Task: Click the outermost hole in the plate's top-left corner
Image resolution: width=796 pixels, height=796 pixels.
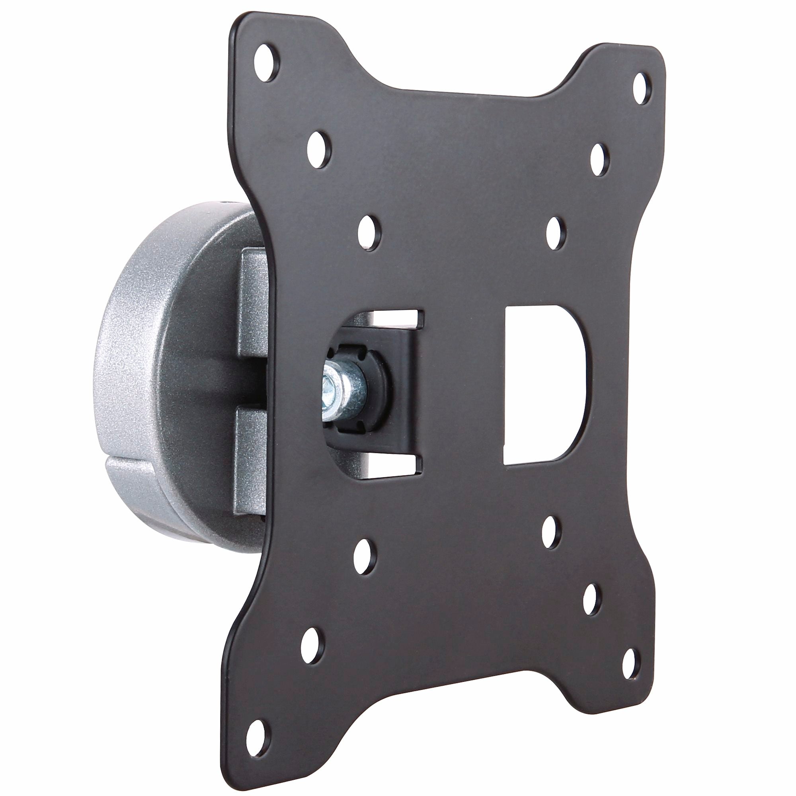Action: pyautogui.click(x=266, y=63)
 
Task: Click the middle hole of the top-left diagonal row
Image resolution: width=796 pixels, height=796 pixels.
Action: pyautogui.click(x=319, y=150)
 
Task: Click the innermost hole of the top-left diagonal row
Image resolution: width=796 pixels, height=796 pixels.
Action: pyautogui.click(x=369, y=232)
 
